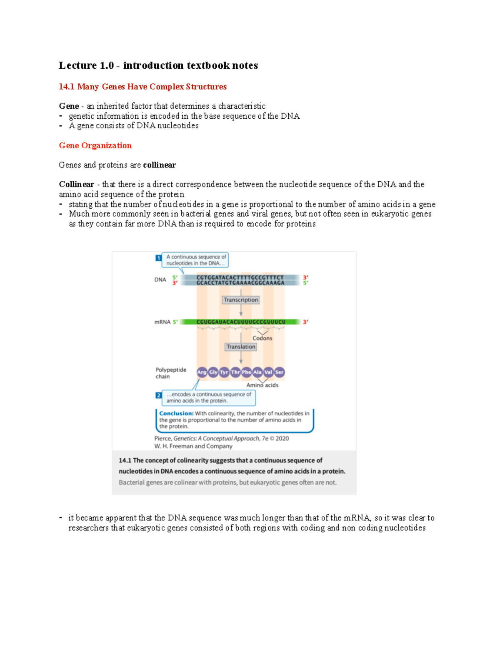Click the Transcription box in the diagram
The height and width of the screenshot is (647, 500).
[240, 300]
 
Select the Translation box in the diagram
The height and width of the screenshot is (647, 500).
[241, 347]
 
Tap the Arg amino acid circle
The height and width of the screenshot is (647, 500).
[202, 372]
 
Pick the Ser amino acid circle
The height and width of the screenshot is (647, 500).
[279, 372]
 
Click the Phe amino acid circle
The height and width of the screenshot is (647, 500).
[246, 372]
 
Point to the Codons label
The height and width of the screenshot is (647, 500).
[262, 338]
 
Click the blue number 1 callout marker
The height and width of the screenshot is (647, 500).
[158, 258]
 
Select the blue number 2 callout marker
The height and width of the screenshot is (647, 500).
[158, 395]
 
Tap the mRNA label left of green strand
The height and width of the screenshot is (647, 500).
[162, 322]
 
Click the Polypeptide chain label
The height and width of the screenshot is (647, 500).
[170, 373]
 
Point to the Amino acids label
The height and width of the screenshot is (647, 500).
[262, 385]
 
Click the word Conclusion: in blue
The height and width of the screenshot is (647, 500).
[176, 414]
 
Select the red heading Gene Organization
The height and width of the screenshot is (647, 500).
[95, 145]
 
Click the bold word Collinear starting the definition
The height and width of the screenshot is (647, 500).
[76, 184]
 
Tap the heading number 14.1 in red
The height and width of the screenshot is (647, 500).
[66, 87]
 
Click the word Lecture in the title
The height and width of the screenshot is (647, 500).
[77, 65]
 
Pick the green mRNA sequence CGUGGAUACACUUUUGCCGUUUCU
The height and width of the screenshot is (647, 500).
[241, 322]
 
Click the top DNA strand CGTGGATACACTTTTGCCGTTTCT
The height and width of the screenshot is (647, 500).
[240, 277]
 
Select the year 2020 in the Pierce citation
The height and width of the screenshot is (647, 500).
[282, 438]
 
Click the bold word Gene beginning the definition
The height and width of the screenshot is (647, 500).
[69, 106]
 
